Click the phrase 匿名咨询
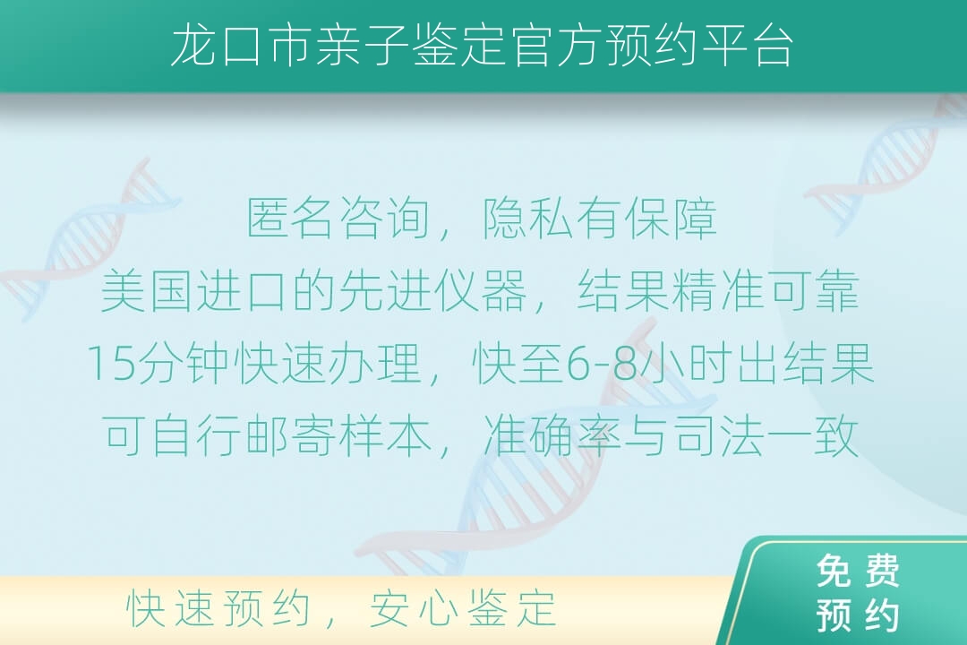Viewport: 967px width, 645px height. pyautogui.click(x=338, y=219)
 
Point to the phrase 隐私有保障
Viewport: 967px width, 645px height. pyautogui.click(x=599, y=219)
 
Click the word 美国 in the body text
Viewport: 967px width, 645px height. pyautogui.click(x=147, y=291)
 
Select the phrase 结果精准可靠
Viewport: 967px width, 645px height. pyautogui.click(x=718, y=291)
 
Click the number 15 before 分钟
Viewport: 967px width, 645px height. pyautogui.click(x=111, y=364)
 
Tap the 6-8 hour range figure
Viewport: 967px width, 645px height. pyautogui.click(x=602, y=364)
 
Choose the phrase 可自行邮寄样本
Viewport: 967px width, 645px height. pyautogui.click(x=267, y=435)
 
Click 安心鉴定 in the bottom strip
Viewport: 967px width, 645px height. pyautogui.click(x=463, y=608)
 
